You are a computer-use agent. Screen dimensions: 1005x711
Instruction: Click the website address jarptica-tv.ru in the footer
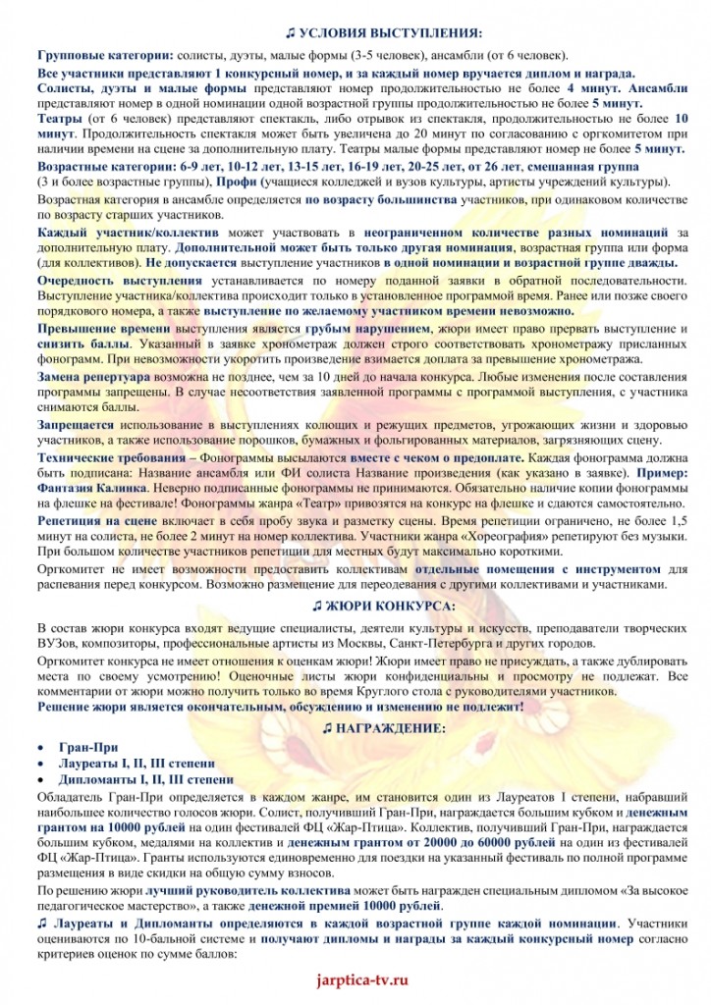(355, 979)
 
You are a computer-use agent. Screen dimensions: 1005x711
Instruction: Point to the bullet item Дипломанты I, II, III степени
(137, 779)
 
